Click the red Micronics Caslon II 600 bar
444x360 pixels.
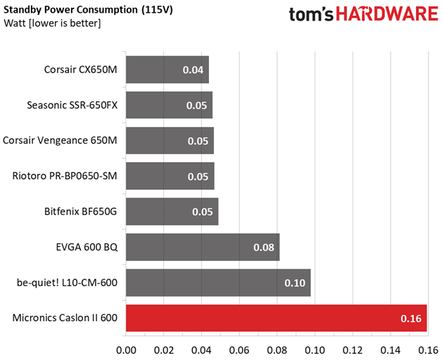tap(277, 318)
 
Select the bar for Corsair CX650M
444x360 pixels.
tap(167, 70)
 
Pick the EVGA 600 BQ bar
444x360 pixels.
tap(203, 247)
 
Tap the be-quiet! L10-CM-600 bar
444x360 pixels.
tap(218, 283)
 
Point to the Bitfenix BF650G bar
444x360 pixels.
tap(172, 212)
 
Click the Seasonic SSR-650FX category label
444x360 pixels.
tap(72, 105)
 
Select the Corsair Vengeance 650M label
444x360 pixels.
tap(60, 141)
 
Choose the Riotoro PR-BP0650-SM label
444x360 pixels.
tap(65, 176)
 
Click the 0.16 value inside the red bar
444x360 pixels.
tap(411, 319)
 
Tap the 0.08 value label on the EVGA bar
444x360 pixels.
tap(264, 247)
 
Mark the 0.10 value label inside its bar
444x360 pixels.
tap(295, 283)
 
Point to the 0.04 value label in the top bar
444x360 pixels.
tap(193, 70)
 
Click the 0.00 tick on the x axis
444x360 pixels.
tap(126, 350)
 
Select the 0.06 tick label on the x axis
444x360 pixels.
tap(239, 350)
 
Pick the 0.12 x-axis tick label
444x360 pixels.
tap(353, 350)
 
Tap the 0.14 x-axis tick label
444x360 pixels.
tap(391, 350)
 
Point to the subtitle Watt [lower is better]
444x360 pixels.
tap(52, 23)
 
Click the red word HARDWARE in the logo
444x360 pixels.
tap(387, 14)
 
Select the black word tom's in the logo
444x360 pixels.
tap(311, 15)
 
